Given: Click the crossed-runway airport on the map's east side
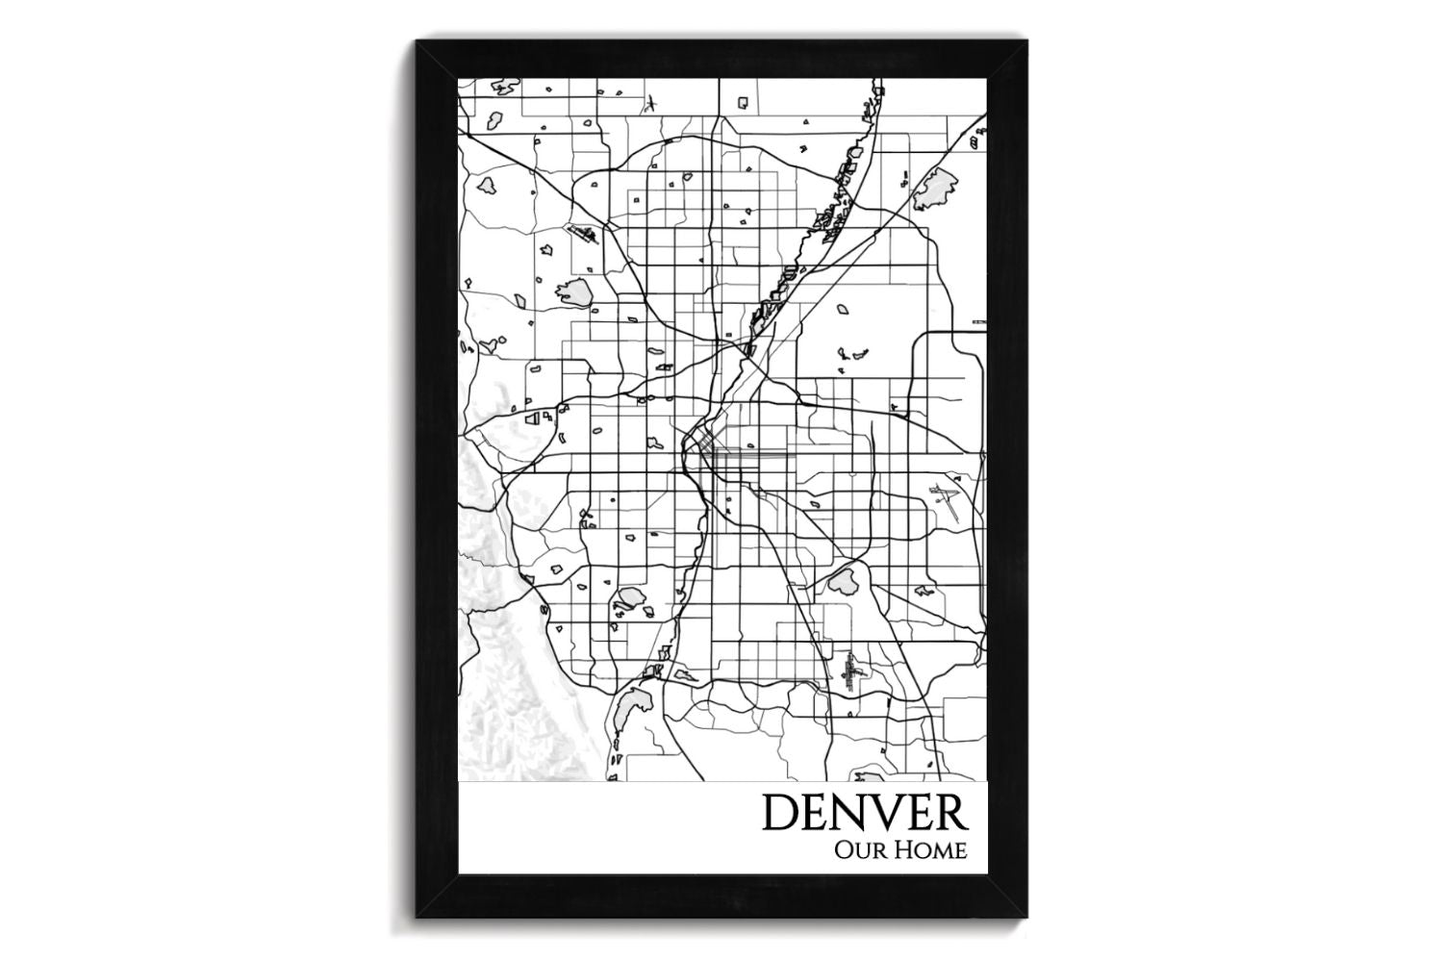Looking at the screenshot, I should [943, 501].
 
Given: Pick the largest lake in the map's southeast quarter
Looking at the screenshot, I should [844, 580].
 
